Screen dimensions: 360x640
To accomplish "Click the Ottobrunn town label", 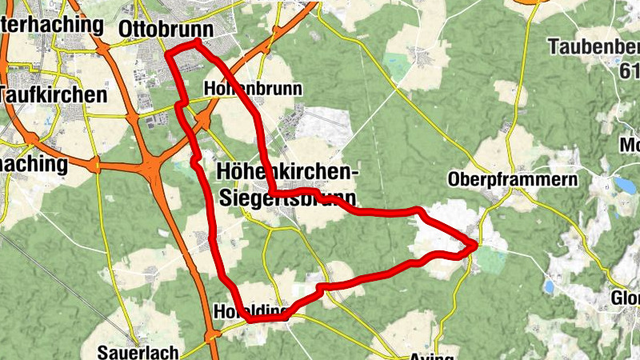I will coord(165,30).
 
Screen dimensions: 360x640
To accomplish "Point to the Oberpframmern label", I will coord(513,180).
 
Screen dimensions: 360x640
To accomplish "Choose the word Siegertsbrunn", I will coord(286,197).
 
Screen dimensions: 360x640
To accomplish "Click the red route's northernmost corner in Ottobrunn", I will coord(195,40).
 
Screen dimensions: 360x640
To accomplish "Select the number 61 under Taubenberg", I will coord(629,72).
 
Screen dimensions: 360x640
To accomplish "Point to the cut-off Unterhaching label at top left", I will coord(51,25).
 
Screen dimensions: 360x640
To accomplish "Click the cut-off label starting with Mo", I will coord(630,146).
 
